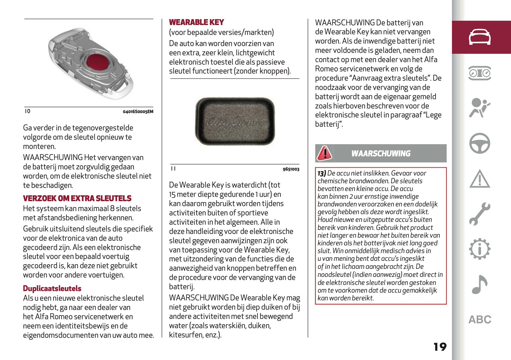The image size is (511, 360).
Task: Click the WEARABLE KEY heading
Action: point(196,22)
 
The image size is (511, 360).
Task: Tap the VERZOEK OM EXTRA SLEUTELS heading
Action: point(77,198)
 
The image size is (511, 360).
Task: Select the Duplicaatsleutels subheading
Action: point(52,288)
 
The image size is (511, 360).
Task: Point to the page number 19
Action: point(440,347)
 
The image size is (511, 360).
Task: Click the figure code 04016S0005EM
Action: point(138,112)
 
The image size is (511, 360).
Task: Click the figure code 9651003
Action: point(291,169)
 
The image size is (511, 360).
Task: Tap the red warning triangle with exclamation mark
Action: point(324,153)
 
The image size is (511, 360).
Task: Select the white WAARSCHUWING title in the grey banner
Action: point(381,154)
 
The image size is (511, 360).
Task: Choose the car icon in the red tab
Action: point(479,37)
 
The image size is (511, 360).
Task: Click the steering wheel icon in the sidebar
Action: point(479,143)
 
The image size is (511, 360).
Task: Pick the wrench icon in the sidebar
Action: point(479,214)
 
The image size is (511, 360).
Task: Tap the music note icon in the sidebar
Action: point(479,284)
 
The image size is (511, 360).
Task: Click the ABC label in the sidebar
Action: point(479,319)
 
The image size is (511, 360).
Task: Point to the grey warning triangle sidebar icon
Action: point(479,179)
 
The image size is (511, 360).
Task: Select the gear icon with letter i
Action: point(479,249)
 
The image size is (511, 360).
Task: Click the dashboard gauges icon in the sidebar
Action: point(479,73)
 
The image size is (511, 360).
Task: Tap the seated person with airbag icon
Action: point(479,108)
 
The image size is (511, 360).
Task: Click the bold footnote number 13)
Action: point(322,173)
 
